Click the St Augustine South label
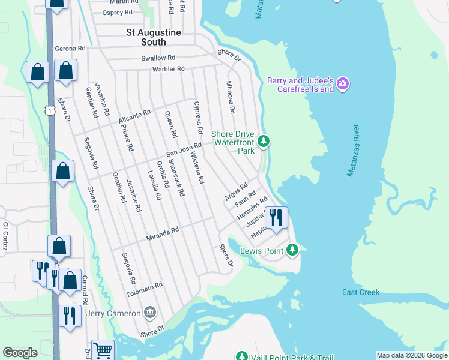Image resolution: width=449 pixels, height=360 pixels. [145, 37]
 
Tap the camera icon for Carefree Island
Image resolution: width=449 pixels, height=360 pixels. [343, 83]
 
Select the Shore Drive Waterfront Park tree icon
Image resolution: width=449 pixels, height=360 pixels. [263, 142]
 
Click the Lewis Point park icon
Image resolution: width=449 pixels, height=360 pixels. [292, 249]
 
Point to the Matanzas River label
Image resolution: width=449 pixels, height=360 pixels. [353, 151]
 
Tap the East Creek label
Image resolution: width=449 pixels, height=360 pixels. [361, 292]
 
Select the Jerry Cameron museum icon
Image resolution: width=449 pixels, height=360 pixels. [150, 312]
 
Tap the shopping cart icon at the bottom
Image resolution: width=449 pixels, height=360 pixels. [103, 349]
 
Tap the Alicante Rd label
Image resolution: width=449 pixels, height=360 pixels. [134, 115]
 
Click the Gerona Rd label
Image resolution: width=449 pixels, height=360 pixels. [70, 47]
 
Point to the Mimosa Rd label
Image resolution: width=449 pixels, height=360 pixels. [230, 98]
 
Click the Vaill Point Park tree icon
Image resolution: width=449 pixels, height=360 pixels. [242, 356]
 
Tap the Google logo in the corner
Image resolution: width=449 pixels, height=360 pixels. [20, 353]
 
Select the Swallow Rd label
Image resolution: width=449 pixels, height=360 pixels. [158, 58]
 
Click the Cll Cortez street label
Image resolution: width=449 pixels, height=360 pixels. [5, 236]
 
